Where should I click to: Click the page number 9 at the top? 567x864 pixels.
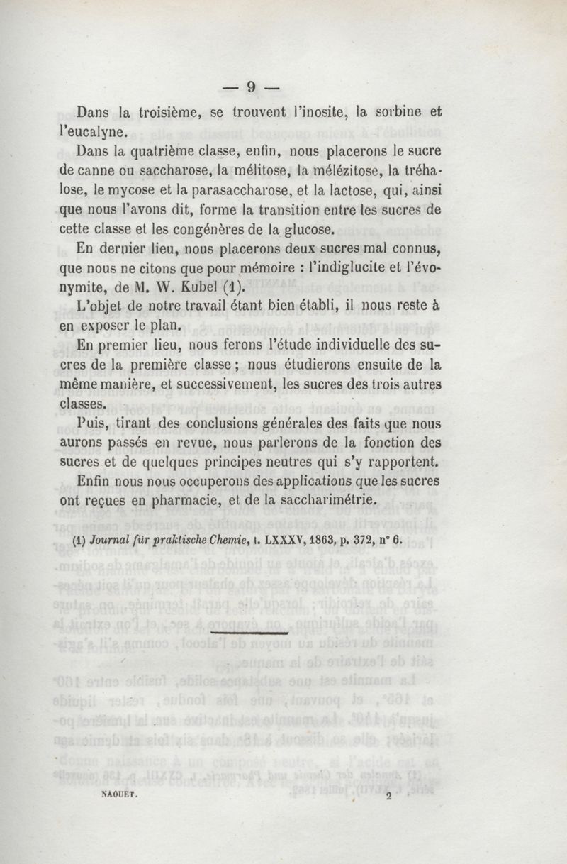click(x=250, y=87)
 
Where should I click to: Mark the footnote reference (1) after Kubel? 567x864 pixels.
click(x=220, y=289)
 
